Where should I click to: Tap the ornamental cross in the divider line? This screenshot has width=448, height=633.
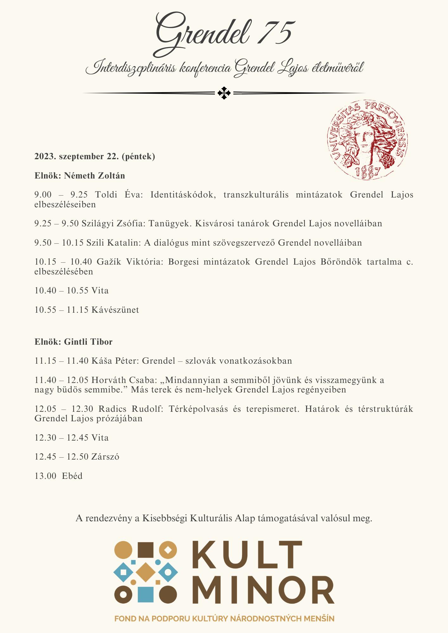pyautogui.click(x=224, y=93)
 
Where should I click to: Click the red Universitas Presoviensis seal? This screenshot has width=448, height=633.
pyautogui.click(x=367, y=140)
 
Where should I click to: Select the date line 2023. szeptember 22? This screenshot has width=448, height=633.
pyautogui.click(x=95, y=156)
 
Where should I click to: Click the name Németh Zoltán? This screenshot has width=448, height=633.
pyautogui.click(x=94, y=176)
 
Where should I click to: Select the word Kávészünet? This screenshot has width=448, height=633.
pyautogui.click(x=115, y=310)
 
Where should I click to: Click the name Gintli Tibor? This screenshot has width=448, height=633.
pyautogui.click(x=88, y=342)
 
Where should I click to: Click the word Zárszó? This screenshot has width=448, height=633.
pyautogui.click(x=105, y=457)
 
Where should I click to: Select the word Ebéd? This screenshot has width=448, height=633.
pyautogui.click(x=72, y=476)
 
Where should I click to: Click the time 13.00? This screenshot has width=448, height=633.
pyautogui.click(x=46, y=476)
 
